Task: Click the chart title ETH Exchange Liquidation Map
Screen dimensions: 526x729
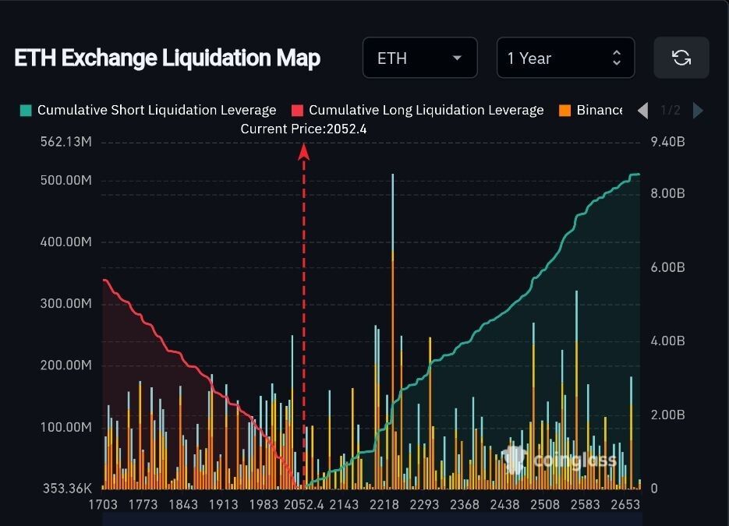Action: (167, 58)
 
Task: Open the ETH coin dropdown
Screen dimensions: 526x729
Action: (419, 58)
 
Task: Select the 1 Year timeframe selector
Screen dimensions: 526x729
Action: (564, 58)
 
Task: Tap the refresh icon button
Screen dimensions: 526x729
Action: (681, 58)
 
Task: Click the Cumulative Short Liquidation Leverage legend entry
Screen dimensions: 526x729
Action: (148, 110)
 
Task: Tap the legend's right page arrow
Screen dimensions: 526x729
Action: (698, 111)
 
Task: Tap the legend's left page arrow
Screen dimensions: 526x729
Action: (642, 111)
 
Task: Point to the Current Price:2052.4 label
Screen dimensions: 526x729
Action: (303, 129)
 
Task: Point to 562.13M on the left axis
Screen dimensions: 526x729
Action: (65, 142)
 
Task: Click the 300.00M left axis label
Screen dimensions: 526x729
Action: (65, 303)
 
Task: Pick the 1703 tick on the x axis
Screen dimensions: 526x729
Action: (103, 505)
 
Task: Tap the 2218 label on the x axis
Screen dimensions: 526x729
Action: (384, 505)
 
